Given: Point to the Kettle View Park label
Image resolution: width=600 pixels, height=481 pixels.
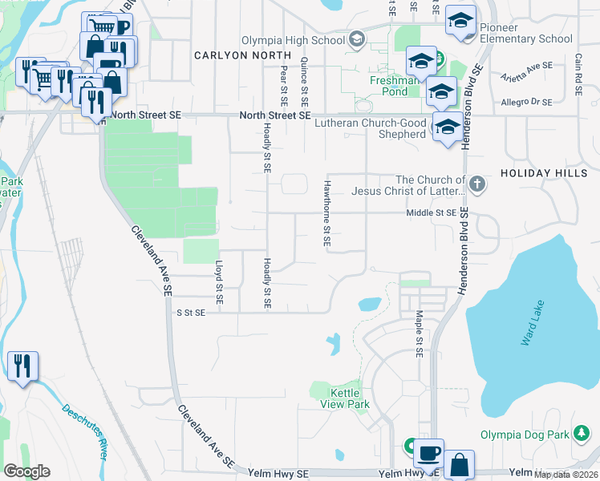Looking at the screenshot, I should tap(351, 398).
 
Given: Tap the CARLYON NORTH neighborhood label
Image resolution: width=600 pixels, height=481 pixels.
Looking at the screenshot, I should tap(241, 55).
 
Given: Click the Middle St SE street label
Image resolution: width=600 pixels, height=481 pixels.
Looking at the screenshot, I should tap(431, 212).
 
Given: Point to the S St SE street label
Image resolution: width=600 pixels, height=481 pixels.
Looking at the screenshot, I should tap(191, 313).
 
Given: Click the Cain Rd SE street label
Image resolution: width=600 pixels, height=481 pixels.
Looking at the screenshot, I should tap(578, 71).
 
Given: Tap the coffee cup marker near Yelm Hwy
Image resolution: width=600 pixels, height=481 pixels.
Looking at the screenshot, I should tap(428, 452).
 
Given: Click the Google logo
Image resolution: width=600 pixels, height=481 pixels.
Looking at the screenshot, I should tap(26, 471).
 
